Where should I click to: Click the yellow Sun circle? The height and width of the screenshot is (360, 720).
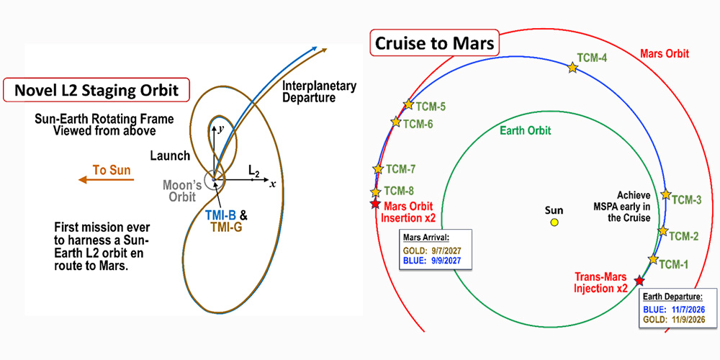tap(554, 222)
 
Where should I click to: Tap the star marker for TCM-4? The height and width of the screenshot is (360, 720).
tap(572, 68)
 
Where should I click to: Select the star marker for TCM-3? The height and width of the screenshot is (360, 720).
tap(666, 195)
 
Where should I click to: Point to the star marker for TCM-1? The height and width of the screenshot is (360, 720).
tap(654, 258)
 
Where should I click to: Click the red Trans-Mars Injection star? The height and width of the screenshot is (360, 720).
tap(639, 280)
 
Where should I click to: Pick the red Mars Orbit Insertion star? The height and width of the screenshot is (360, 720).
tap(374, 204)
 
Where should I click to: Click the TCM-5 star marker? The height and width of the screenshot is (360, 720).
tap(409, 104)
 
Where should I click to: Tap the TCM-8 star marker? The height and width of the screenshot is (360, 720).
tap(375, 192)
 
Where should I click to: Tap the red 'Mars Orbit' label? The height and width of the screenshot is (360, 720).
tap(664, 54)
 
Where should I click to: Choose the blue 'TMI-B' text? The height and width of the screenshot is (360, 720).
tap(217, 215)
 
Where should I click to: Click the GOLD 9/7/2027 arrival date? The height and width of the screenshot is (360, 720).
tap(432, 251)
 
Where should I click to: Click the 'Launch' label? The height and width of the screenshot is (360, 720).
tap(170, 156)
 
